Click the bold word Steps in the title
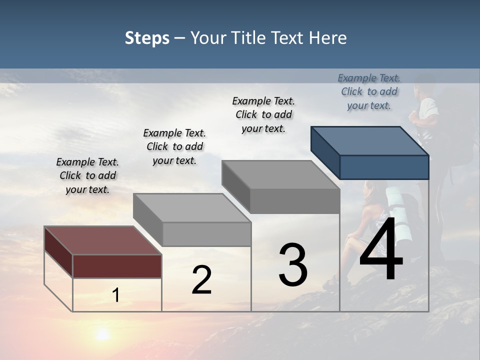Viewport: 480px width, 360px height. pos(147,38)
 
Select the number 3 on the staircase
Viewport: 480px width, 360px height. pos(293,265)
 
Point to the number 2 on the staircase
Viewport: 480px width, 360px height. pos(201,280)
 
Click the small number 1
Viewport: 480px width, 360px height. pos(116,295)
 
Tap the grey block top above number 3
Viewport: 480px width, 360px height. pos(280,174)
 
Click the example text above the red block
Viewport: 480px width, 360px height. pos(87,175)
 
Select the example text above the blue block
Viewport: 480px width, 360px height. pos(369,91)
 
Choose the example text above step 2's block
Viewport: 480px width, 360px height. pos(174,146)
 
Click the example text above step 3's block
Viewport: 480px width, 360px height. pos(263,114)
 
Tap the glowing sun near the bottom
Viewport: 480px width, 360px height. pos(103,333)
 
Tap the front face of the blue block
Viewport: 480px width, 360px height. pos(384,167)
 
